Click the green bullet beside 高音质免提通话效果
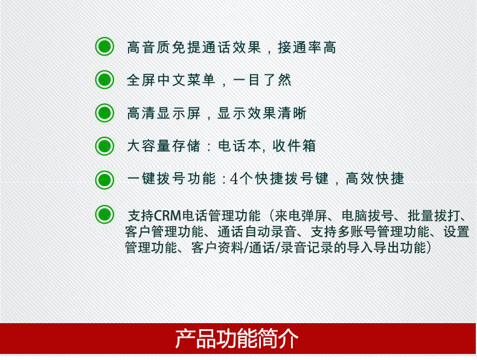tap(104, 47)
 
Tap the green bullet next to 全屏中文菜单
tap(104, 80)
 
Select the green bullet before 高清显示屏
tap(104, 113)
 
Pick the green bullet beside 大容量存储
tap(104, 146)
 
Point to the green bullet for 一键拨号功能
tap(104, 179)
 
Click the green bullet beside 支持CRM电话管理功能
tap(104, 214)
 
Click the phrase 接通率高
tap(307, 48)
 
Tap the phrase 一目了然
tap(262, 80)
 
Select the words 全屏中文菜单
tap(171, 80)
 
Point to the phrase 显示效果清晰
tap(262, 113)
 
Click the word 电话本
tap(240, 146)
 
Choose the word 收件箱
tap(294, 146)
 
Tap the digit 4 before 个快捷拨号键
tap(234, 179)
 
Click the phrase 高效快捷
tap(375, 178)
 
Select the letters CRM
tap(168, 216)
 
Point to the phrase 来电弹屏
tap(301, 216)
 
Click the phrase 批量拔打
tap(433, 216)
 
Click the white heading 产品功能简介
tap(237, 338)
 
